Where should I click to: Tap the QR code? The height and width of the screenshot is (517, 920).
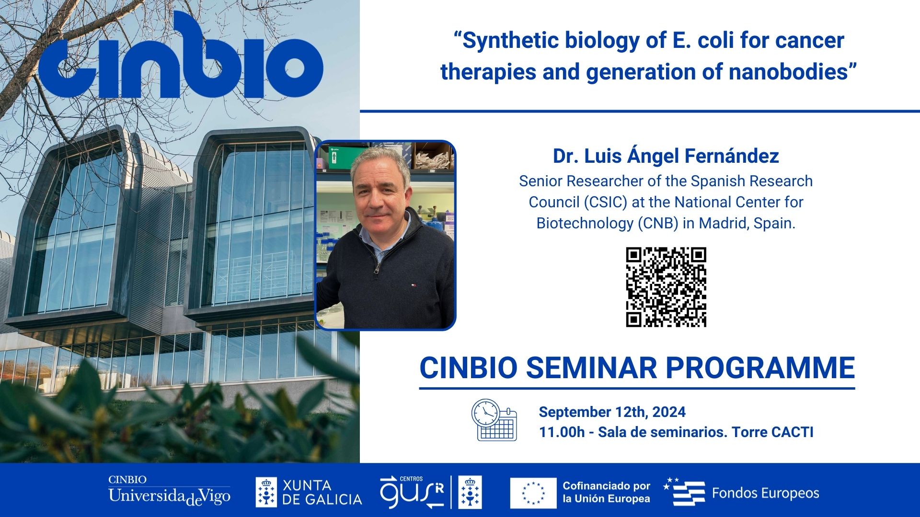666,287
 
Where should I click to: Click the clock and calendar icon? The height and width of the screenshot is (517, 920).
494,420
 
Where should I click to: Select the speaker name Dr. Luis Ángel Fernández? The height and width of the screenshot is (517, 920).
666,156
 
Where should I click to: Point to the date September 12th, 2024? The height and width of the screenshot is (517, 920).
612,412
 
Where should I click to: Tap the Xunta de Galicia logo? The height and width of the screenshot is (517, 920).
309,493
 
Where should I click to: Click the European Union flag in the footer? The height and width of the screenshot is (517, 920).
533,493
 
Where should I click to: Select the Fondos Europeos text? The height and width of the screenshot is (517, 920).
765,493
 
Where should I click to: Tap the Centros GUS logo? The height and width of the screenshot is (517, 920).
412,493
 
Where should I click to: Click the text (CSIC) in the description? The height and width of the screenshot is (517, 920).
605,202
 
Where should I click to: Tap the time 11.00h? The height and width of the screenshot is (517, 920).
562,432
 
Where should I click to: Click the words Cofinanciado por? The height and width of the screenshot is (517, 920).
606,486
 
